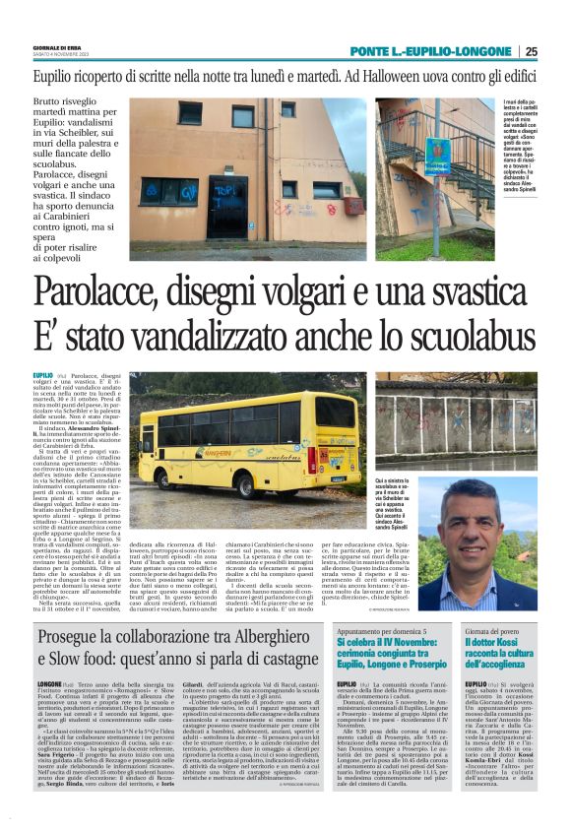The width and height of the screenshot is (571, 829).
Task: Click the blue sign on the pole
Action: coord(437,153)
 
